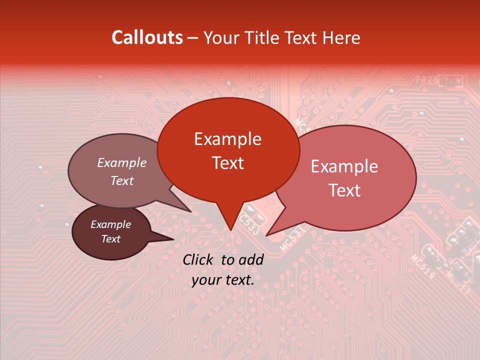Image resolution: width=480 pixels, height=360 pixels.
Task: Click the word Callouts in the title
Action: (147, 37)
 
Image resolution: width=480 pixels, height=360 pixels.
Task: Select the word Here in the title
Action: (341, 38)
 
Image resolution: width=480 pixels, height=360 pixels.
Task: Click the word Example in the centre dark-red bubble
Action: (227, 139)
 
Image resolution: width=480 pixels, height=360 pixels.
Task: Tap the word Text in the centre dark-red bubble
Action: (228, 163)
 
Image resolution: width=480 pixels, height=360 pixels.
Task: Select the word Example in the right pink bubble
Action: (344, 166)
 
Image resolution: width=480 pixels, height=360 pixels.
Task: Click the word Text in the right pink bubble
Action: (345, 190)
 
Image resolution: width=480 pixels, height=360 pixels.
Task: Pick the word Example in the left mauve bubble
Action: (121, 163)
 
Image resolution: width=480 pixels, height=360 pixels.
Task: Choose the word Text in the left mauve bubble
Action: (122, 180)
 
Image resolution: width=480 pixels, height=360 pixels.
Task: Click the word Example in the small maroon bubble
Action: (110, 224)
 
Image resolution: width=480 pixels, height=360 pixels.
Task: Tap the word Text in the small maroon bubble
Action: (111, 239)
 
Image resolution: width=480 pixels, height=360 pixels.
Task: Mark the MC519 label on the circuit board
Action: (422, 266)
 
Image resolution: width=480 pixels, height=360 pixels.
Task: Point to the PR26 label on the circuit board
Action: (425, 80)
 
